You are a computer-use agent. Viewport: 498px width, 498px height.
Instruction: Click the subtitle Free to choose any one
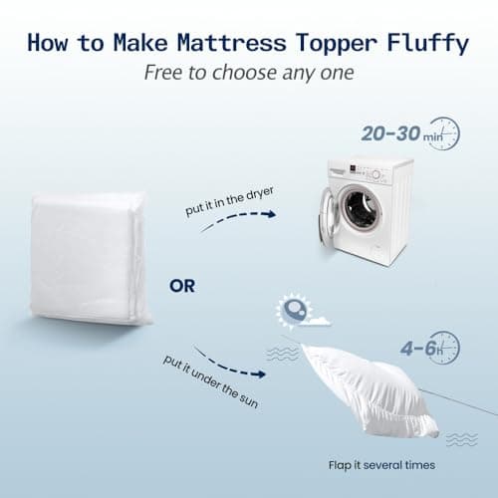pos(247,73)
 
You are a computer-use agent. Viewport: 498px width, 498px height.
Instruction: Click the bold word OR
pos(182,287)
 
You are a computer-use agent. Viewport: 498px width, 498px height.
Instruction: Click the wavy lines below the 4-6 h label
pos(460,438)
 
